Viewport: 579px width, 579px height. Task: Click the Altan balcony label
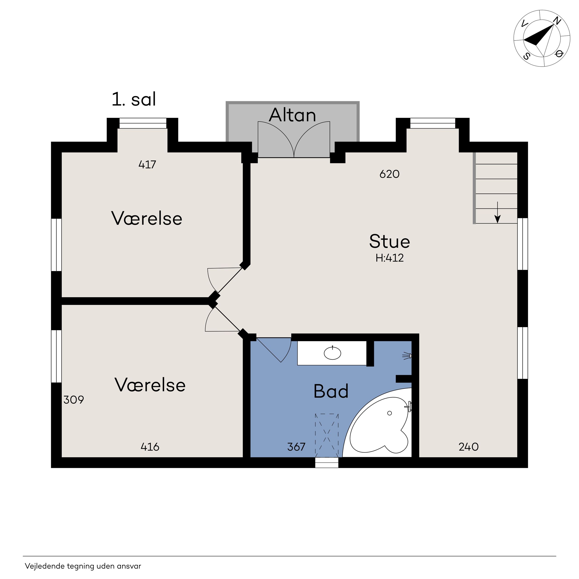point(292,115)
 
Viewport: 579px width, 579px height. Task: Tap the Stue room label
point(389,242)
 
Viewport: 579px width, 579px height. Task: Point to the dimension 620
point(389,174)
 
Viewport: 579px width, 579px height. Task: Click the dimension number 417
point(147,165)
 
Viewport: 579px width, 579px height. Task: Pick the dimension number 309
point(74,400)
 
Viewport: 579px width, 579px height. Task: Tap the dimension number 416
point(150,447)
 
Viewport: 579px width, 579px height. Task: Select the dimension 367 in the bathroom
point(296,447)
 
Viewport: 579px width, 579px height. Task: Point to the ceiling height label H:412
point(389,258)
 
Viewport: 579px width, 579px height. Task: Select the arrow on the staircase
point(497,212)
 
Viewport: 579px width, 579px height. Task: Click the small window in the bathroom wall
point(327,463)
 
